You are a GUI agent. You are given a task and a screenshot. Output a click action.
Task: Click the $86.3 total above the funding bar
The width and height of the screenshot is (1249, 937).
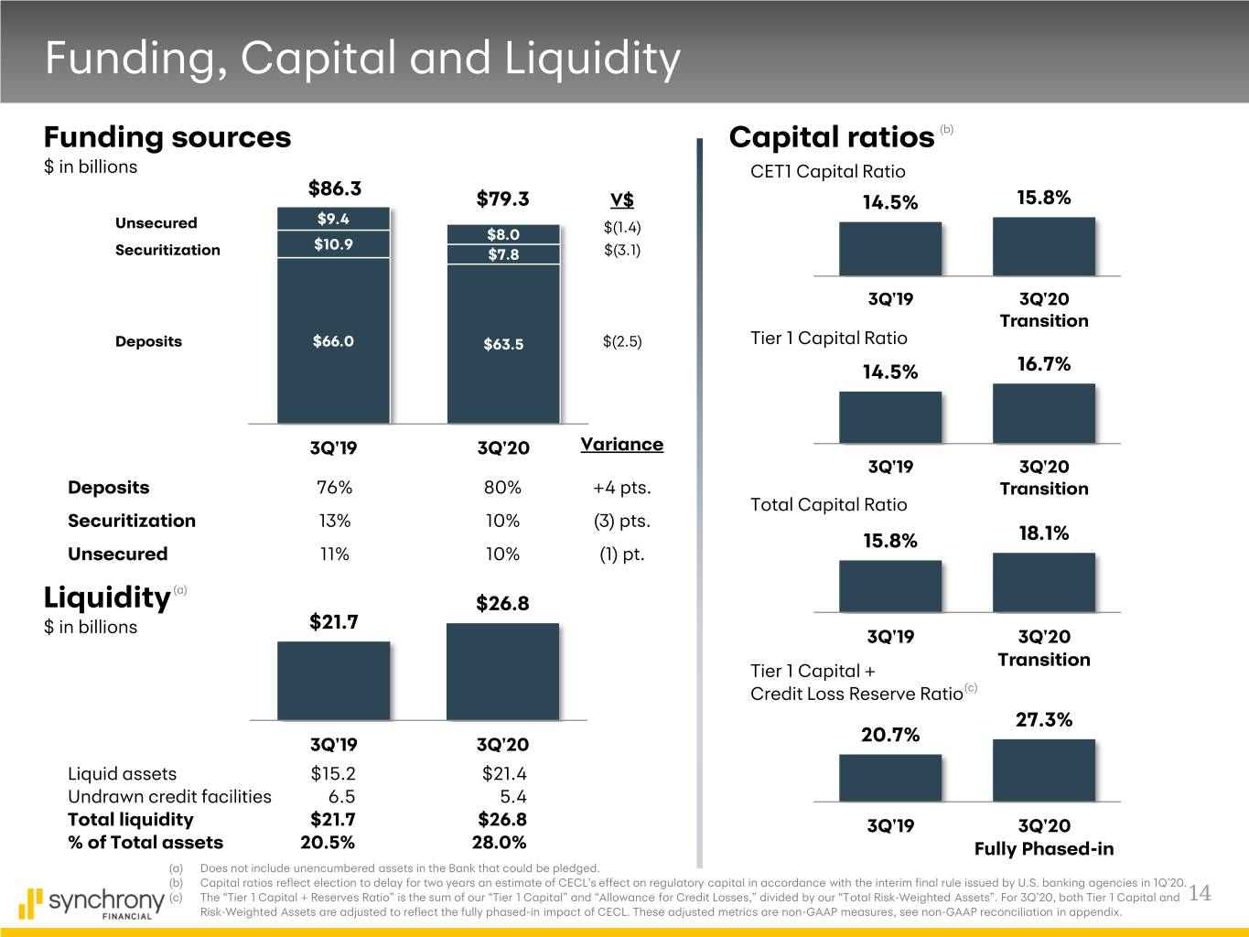click(335, 188)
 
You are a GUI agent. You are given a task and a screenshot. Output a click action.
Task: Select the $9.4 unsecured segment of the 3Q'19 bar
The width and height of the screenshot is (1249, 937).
click(333, 219)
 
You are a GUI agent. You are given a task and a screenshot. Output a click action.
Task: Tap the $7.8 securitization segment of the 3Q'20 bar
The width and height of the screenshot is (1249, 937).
click(503, 254)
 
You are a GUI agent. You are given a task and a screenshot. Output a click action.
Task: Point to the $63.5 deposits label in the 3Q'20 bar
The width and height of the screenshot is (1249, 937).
click(503, 344)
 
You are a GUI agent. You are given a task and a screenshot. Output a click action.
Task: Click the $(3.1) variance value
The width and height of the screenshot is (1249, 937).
click(622, 250)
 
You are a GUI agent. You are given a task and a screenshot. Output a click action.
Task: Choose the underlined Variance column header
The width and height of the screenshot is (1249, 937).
click(621, 445)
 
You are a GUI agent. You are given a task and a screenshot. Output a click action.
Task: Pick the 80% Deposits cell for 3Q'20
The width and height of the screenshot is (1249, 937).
click(502, 488)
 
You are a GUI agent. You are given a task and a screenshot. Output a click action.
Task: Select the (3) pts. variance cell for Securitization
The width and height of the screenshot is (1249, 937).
click(622, 522)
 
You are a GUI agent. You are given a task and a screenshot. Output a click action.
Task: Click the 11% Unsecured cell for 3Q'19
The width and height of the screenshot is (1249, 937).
click(334, 555)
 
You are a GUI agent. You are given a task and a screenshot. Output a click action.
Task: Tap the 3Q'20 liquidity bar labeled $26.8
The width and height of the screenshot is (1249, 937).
click(502, 671)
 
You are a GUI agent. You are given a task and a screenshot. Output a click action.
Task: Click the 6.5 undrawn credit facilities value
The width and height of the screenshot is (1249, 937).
click(341, 797)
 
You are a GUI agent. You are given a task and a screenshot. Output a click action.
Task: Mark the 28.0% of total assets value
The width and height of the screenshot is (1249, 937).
click(499, 843)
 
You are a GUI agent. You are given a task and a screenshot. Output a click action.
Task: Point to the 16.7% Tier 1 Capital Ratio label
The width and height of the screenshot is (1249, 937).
click(1043, 364)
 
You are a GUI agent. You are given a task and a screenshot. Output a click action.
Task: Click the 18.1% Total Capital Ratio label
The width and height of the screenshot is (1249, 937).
click(1043, 533)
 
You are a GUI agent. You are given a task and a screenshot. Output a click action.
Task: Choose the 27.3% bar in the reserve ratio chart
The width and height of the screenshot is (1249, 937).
click(1043, 770)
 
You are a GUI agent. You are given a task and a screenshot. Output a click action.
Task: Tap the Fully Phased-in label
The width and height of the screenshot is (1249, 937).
click(1044, 849)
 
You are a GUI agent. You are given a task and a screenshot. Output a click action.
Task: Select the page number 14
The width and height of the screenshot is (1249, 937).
click(1200, 894)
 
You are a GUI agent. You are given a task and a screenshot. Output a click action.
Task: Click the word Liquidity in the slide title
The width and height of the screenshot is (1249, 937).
click(590, 58)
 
